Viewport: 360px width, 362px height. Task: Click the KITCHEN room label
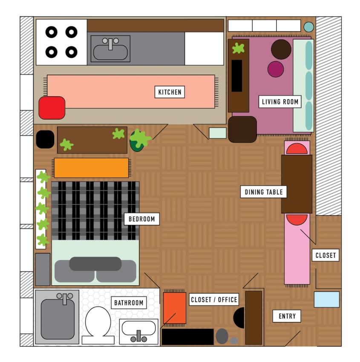(x=170, y=92)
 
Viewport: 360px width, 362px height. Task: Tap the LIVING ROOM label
(x=280, y=102)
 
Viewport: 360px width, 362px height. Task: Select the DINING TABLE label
(x=264, y=192)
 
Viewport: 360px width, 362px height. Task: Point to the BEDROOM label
(x=141, y=219)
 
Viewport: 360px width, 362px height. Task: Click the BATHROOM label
(x=129, y=303)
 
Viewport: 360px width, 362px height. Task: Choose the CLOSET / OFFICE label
(x=213, y=299)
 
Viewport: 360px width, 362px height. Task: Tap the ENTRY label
(x=287, y=316)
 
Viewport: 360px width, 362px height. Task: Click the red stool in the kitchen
(x=52, y=108)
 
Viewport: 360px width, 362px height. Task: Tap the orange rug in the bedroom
(x=91, y=168)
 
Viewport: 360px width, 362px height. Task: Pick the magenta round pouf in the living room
(x=276, y=69)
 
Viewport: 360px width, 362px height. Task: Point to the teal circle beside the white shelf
(x=308, y=27)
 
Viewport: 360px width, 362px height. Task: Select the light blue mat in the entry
(x=327, y=299)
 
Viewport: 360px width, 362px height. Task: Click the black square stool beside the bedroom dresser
(x=45, y=139)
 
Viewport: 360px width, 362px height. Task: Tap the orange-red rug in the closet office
(x=175, y=308)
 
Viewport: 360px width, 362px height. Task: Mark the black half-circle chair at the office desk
(x=239, y=318)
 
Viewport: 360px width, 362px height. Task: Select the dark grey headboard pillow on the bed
(x=95, y=264)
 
